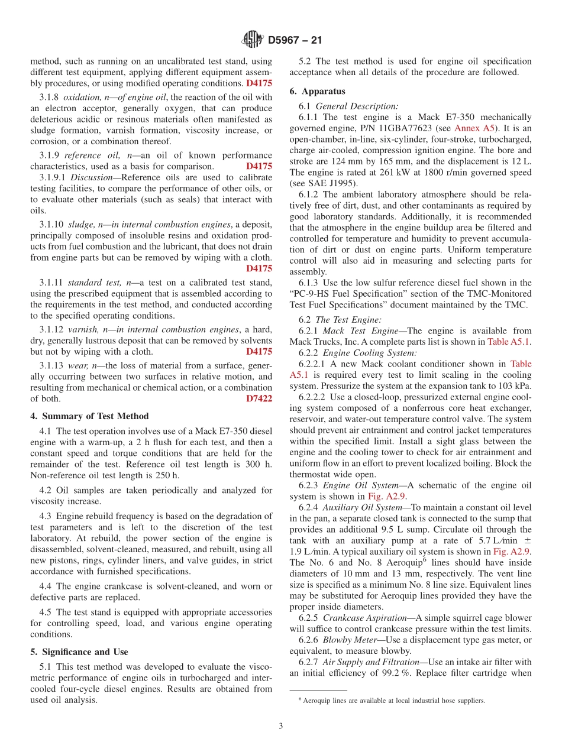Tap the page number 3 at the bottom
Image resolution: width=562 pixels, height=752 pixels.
click(x=281, y=726)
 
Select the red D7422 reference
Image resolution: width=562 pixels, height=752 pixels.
click(x=259, y=398)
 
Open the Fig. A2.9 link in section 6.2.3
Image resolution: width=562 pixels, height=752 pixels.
click(x=386, y=497)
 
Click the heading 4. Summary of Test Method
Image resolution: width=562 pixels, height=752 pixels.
click(x=89, y=416)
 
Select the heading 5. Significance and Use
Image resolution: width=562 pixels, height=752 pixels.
click(x=79, y=652)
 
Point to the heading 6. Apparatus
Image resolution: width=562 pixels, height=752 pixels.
click(x=317, y=92)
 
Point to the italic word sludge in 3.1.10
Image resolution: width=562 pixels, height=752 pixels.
click(x=80, y=225)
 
